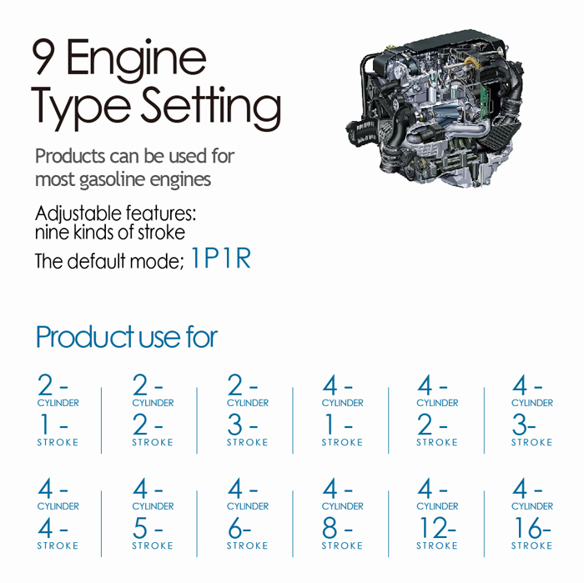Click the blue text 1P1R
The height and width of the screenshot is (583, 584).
221,258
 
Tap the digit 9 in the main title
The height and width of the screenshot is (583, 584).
43,57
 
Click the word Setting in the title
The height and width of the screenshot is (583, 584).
210,107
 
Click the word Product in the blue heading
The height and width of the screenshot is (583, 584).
85,337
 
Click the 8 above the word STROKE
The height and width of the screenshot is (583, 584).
330,527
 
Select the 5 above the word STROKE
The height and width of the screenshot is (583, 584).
140,527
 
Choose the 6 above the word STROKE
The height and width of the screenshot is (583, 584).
235,527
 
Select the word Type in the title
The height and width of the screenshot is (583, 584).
81,107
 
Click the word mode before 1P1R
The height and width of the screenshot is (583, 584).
157,261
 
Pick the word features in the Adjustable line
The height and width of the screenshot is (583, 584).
161,214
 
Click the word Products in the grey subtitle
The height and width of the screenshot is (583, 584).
70,156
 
